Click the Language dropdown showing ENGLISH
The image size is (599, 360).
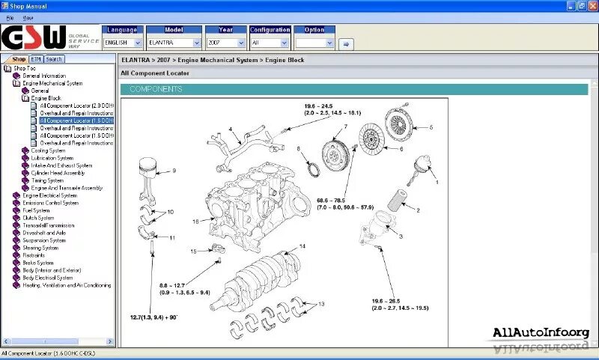pyautogui.click(x=122, y=43)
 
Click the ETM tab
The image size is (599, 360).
pyautogui.click(x=36, y=59)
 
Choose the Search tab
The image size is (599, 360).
pyautogui.click(x=54, y=59)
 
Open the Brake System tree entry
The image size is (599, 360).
pyautogui.click(x=38, y=263)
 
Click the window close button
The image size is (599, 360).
pyautogui.click(x=592, y=5)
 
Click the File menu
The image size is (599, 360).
pyautogui.click(x=10, y=16)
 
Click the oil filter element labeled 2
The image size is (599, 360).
pyautogui.click(x=399, y=201)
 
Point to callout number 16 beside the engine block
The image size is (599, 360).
pyautogui.click(x=195, y=221)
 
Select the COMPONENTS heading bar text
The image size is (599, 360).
pyautogui.click(x=156, y=89)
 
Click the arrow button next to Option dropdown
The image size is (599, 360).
pyautogui.click(x=345, y=43)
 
